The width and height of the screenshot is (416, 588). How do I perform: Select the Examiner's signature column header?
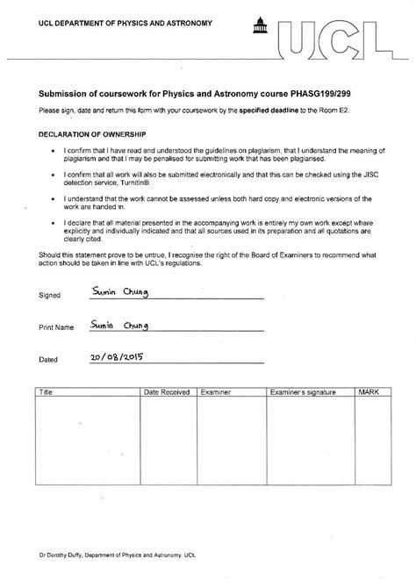point(301,392)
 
